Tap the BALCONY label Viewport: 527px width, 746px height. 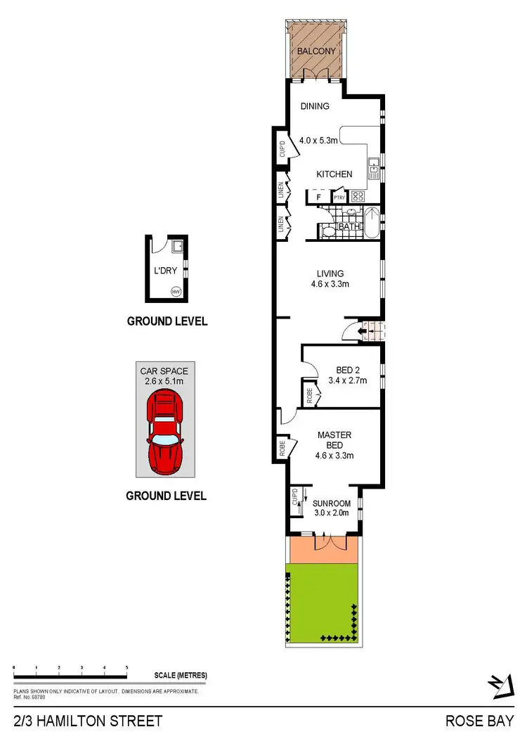tap(315, 52)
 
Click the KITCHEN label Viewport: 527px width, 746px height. tap(334, 174)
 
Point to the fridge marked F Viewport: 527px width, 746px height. tap(318, 198)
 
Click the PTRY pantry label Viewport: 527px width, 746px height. tap(339, 198)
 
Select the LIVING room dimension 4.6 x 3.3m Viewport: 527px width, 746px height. tap(330, 284)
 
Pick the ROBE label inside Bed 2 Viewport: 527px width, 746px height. tap(309, 394)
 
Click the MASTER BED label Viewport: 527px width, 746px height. tap(334, 440)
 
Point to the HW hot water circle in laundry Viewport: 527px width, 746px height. tap(176, 291)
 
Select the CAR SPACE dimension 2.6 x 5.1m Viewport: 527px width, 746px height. tap(164, 380)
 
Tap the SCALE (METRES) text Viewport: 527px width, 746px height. tap(181, 675)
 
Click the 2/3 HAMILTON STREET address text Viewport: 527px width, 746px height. tap(88, 721)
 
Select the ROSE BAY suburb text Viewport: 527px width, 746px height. tap(479, 721)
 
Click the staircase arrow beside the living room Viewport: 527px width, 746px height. tap(364, 329)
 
